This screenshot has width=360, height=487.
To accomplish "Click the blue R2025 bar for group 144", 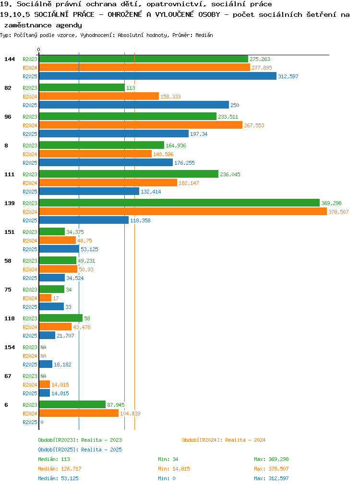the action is tap(157, 76).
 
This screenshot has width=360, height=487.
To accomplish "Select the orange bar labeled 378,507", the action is tap(183, 211).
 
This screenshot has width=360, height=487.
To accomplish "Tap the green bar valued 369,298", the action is tap(180, 203).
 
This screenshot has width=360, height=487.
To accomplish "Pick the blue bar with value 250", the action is tap(134, 105).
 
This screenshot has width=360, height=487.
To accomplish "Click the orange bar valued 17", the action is tap(45, 298).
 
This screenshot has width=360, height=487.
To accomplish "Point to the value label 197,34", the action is tap(199, 134).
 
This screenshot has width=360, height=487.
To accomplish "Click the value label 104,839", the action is tap(130, 414).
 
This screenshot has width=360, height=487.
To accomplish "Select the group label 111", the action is tap(10, 174).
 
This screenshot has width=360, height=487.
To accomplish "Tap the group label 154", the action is tap(10, 347).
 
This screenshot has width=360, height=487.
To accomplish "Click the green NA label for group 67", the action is tap(44, 376).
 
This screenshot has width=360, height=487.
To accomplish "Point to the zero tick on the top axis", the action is tap(38, 49).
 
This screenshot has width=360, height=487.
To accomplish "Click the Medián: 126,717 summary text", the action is tap(60, 469).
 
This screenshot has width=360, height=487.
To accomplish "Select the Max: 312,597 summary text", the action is tap(271, 479).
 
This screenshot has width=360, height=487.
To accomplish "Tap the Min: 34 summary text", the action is tap(168, 459).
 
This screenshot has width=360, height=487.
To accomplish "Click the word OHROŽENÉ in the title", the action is tap(125, 14).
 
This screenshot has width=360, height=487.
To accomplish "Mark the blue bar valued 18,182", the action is tap(46, 364).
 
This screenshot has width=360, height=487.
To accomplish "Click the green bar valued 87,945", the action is tap(72, 404).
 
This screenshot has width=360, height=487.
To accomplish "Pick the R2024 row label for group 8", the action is tap(30, 154).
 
